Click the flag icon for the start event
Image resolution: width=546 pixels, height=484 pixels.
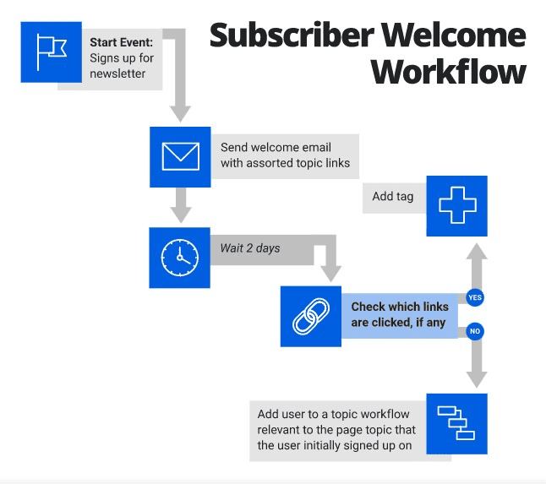(52, 52)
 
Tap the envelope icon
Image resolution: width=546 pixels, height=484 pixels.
(180, 156)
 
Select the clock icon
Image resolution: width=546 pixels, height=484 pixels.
(179, 258)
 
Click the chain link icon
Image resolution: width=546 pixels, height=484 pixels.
(310, 316)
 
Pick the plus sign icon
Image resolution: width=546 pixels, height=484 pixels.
(456, 206)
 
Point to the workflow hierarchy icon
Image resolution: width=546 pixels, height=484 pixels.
(456, 423)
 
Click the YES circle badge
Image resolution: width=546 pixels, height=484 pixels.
(474, 297)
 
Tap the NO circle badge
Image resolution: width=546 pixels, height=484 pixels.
(474, 331)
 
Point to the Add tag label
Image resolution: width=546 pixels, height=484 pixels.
(393, 196)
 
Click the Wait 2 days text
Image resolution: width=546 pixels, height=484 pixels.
(249, 248)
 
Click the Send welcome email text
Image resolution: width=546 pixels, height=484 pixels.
(276, 147)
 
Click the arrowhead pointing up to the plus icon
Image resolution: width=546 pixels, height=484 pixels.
(478, 253)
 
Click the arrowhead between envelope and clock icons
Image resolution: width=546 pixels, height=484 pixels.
(179, 215)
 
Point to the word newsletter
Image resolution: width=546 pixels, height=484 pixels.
(117, 73)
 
